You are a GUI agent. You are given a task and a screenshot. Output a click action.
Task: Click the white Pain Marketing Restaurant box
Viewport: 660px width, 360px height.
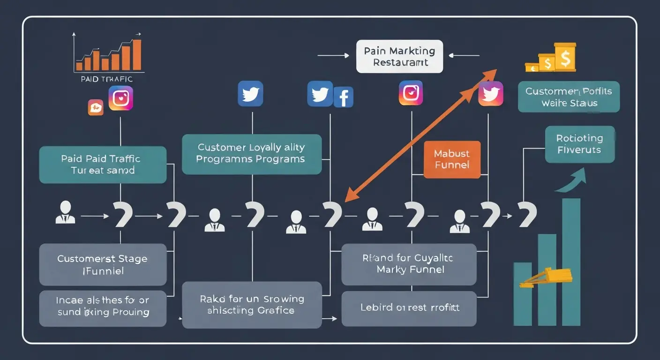tap(399, 56)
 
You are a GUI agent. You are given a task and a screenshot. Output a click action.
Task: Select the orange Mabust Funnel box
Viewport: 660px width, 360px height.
tap(452, 159)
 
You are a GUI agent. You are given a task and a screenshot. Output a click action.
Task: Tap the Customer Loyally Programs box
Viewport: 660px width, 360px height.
tap(252, 154)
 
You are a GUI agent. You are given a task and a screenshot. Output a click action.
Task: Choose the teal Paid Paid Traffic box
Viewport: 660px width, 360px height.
tap(103, 165)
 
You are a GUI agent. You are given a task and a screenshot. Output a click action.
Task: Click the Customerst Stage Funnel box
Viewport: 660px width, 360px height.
tap(103, 264)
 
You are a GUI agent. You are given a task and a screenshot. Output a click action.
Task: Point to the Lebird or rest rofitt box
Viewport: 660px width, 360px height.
tap(409, 308)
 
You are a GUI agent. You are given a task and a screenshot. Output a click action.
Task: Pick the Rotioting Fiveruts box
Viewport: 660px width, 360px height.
tap(579, 144)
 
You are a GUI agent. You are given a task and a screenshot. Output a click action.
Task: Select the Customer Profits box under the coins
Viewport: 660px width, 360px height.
tap(569, 97)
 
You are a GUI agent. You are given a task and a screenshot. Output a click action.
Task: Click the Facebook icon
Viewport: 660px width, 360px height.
tap(343, 97)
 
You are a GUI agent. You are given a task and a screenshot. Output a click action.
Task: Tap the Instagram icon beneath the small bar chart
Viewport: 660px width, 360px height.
tap(121, 98)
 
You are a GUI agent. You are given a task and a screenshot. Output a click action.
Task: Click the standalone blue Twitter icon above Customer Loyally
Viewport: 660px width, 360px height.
tap(250, 93)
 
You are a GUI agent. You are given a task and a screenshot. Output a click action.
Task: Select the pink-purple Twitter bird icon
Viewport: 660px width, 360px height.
tap(491, 93)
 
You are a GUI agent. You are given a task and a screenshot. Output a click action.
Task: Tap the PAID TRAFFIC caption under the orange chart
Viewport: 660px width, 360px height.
tap(106, 79)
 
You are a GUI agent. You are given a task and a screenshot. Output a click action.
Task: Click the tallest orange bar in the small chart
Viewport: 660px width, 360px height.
tap(136, 54)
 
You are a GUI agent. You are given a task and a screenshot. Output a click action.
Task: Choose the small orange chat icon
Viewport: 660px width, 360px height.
tap(95, 107)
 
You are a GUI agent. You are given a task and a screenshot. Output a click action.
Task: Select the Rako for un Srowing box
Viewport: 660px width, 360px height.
tap(252, 305)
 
